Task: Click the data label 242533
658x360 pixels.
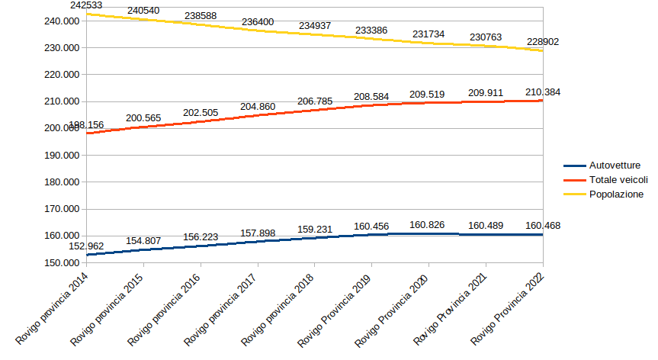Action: click(86, 5)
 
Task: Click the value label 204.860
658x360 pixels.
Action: click(258, 107)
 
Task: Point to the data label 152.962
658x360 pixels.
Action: click(86, 246)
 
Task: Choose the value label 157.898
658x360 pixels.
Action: click(258, 232)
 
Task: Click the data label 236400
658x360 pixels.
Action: click(258, 23)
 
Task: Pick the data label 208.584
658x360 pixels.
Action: click(371, 97)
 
